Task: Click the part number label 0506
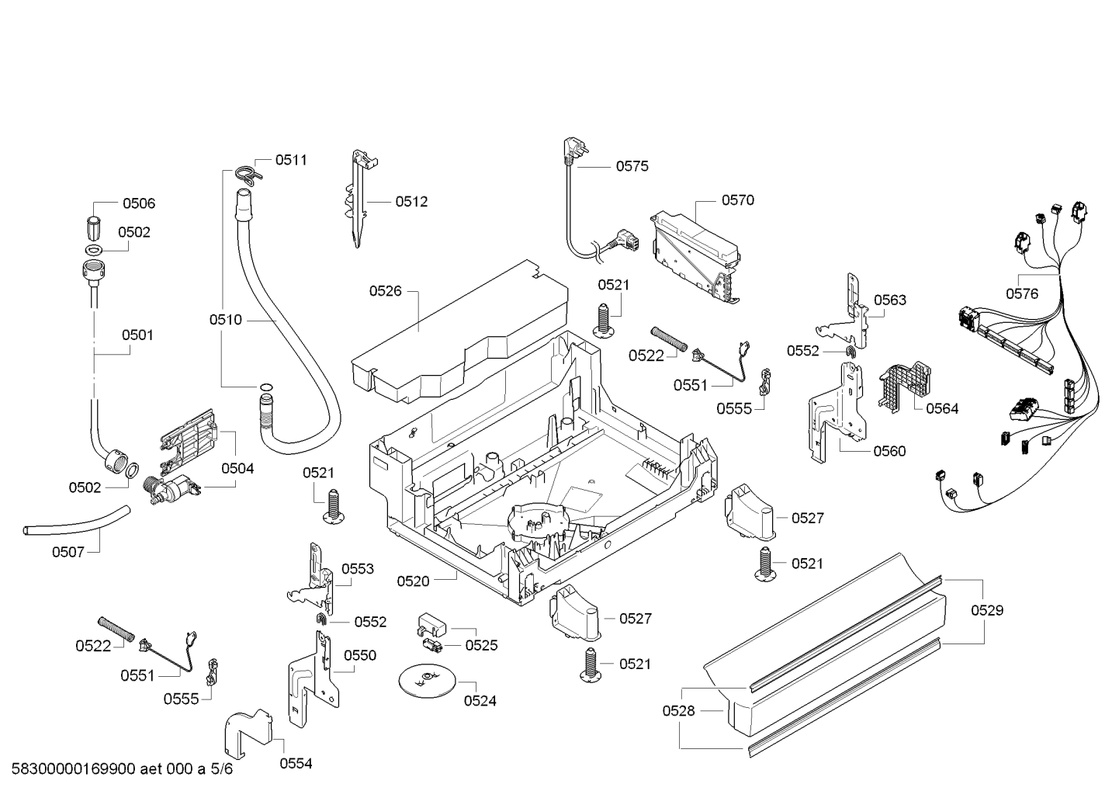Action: (139, 203)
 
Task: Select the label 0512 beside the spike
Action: (411, 201)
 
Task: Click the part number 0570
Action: (738, 200)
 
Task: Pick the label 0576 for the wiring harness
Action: (1022, 294)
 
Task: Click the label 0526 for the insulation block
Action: (385, 291)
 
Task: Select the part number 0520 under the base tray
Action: (413, 581)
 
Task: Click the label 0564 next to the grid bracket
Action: (942, 409)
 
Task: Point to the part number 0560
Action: (890, 451)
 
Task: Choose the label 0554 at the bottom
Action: (296, 764)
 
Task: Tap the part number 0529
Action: (987, 610)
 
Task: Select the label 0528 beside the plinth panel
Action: (678, 710)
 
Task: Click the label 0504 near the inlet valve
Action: (237, 468)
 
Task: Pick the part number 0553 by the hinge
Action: (358, 569)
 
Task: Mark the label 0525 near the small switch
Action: (482, 645)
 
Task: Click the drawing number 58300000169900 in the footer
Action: (74, 768)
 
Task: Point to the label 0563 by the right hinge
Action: (890, 300)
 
